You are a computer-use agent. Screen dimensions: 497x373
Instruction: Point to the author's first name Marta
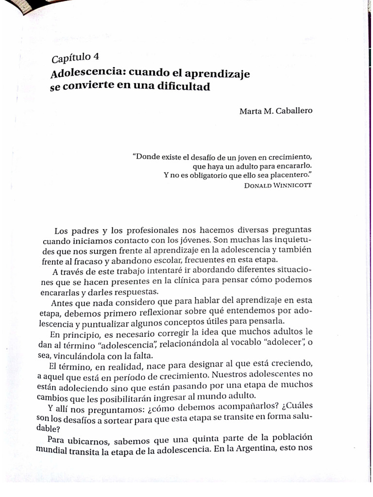tap(250, 111)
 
